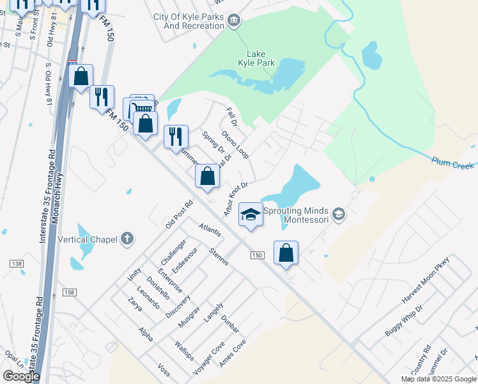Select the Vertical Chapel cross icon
(x=127, y=239)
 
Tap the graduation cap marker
(x=251, y=215)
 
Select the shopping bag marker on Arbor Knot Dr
(x=207, y=177)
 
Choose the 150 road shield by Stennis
(x=257, y=255)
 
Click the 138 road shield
(x=17, y=264)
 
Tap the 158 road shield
(x=69, y=292)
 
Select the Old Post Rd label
(x=179, y=216)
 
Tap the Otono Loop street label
(x=235, y=145)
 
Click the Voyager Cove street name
(x=209, y=357)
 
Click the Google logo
(x=21, y=376)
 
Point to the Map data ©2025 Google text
(x=438, y=379)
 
